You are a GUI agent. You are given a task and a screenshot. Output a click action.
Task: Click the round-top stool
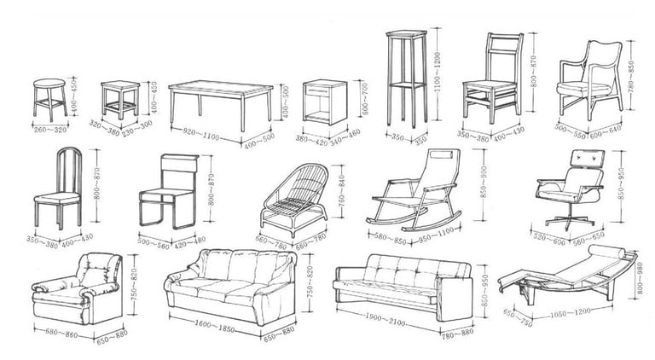tap(49, 98)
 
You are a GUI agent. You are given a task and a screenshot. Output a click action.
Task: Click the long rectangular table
tap(220, 101)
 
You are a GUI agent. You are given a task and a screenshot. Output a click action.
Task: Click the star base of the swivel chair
tap(568, 224)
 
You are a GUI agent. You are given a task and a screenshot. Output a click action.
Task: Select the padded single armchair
tap(78, 290)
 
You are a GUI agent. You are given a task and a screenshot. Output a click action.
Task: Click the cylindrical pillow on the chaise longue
tap(610, 253)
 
